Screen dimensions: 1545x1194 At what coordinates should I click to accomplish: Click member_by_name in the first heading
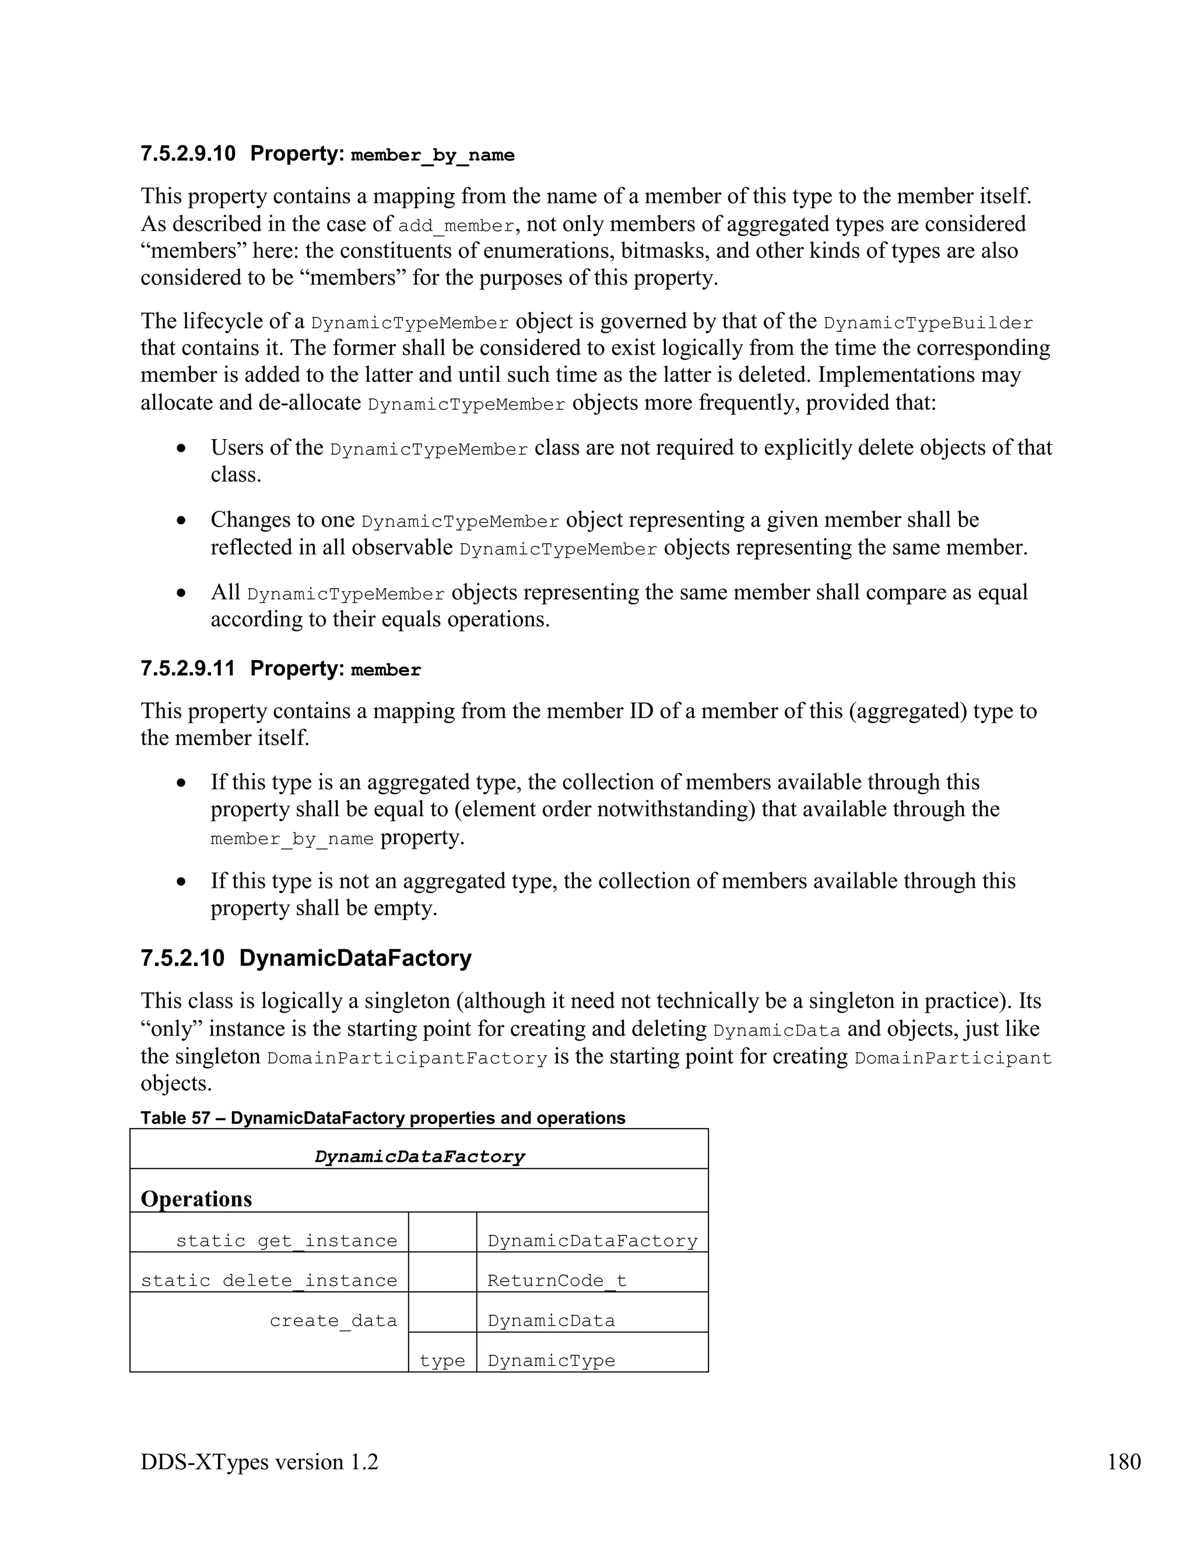[432, 155]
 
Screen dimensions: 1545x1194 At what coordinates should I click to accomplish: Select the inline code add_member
[456, 226]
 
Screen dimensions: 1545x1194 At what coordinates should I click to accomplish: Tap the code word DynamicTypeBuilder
[928, 324]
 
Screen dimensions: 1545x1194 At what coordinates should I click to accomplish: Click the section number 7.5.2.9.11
[188, 669]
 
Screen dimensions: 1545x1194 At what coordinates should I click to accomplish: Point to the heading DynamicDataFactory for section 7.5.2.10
[355, 958]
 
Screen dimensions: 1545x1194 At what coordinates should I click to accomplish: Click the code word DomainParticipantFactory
[407, 1058]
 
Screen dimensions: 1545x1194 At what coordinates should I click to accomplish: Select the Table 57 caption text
[382, 1118]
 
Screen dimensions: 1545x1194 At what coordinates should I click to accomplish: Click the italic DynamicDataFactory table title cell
[419, 1157]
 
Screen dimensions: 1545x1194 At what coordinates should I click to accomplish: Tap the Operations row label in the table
[196, 1199]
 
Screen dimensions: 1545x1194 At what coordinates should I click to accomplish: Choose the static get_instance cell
[286, 1241]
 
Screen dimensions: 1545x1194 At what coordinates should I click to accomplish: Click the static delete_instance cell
[269, 1280]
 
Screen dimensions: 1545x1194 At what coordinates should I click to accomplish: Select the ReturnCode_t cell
[557, 1280]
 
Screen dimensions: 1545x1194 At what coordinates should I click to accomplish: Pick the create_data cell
[333, 1321]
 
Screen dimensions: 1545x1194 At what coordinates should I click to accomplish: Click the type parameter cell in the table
[442, 1360]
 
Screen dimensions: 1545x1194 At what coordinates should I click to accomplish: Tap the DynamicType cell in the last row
[551, 1360]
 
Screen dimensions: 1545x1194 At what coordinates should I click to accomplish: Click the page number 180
[1123, 1461]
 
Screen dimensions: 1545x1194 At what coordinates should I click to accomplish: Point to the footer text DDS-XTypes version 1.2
[259, 1461]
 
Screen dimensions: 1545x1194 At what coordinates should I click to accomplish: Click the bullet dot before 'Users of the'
[182, 448]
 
